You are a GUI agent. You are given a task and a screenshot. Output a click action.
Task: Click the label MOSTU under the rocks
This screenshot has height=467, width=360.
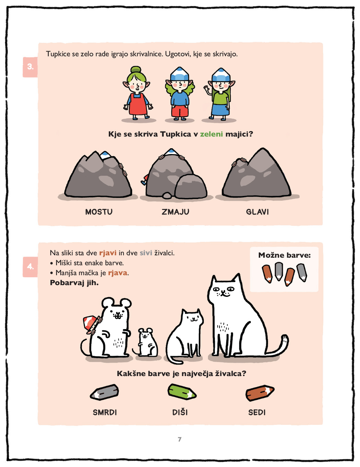[99, 212]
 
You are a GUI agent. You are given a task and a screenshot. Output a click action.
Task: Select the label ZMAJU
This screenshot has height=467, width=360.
[175, 212]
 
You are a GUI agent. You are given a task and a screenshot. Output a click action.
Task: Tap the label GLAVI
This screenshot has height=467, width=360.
[257, 212]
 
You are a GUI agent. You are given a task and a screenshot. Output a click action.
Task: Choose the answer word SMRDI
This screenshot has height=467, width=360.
[105, 412]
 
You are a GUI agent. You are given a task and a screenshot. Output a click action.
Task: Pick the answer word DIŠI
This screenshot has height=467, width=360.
[180, 412]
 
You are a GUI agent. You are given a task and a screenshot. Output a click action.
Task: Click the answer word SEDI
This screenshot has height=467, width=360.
[257, 412]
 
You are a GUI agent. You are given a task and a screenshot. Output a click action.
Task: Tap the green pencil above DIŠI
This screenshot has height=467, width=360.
[182, 392]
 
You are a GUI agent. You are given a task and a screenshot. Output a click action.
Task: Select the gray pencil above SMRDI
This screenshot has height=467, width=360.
[104, 392]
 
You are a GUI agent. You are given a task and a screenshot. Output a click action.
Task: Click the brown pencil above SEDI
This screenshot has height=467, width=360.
[260, 393]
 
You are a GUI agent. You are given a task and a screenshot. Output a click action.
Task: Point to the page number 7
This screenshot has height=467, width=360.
[180, 439]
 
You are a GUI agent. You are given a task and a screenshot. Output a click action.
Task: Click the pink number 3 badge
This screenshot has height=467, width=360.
[30, 67]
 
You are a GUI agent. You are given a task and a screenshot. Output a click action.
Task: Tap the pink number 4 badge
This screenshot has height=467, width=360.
[30, 267]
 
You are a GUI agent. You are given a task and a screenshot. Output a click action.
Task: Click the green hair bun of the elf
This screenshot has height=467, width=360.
[136, 70]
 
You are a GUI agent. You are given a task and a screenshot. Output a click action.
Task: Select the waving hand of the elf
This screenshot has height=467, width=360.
[206, 88]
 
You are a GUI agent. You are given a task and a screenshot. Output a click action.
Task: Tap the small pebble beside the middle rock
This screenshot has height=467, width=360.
[167, 196]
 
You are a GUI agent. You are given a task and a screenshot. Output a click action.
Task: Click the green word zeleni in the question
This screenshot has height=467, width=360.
[211, 134]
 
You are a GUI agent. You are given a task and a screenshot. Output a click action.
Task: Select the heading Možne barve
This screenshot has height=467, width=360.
[284, 255]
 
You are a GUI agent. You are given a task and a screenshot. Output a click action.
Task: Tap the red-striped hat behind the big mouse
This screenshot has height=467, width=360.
[90, 322]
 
